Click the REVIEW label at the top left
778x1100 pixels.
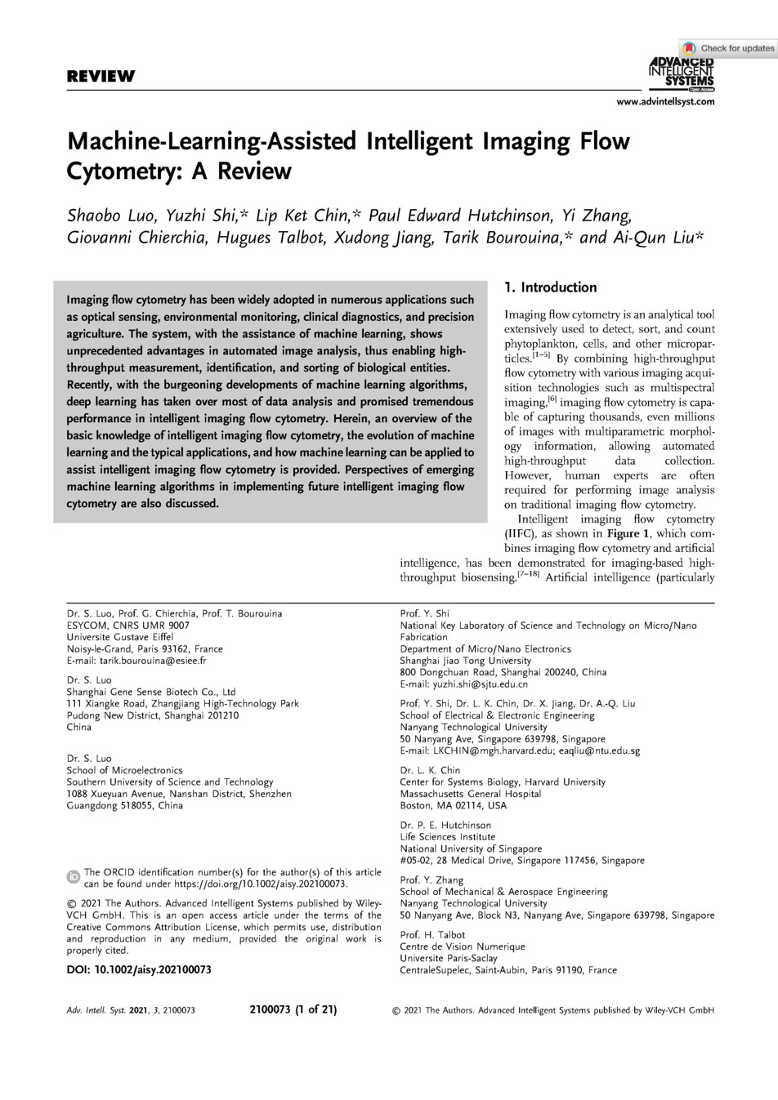pyautogui.click(x=101, y=78)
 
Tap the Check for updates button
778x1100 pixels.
pyautogui.click(x=728, y=48)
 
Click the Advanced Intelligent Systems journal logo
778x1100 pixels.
pyautogui.click(x=681, y=72)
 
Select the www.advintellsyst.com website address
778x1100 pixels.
pyautogui.click(x=665, y=101)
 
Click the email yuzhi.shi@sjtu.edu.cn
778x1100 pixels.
pyautogui.click(x=480, y=684)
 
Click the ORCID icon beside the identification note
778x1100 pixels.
pyautogui.click(x=73, y=877)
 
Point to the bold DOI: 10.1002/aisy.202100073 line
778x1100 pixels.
pyautogui.click(x=139, y=969)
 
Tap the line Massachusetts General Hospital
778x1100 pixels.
pyautogui.click(x=470, y=794)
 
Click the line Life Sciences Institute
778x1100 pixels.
pyautogui.click(x=447, y=837)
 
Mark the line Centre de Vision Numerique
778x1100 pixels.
pyautogui.click(x=462, y=946)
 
